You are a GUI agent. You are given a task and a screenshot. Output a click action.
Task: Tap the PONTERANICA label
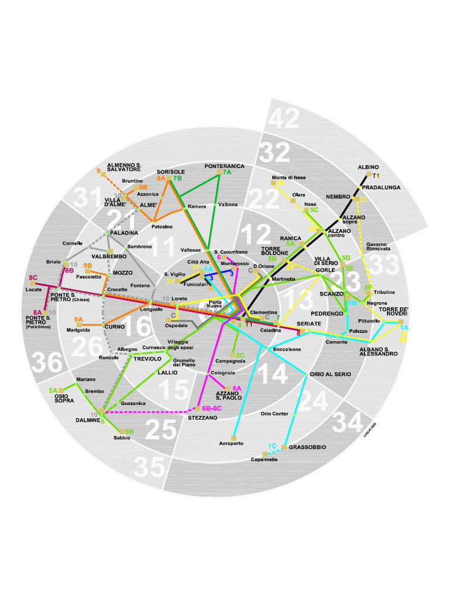pyautogui.click(x=224, y=166)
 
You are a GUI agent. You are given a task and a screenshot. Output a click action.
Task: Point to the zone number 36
pyautogui.click(x=47, y=363)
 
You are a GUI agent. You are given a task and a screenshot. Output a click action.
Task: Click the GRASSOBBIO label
pyautogui.click(x=307, y=447)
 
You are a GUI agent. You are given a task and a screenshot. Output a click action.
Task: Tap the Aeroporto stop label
pyautogui.click(x=231, y=444)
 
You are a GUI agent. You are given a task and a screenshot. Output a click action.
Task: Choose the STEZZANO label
pyautogui.click(x=203, y=418)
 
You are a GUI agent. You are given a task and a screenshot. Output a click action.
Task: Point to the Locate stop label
pyautogui.click(x=34, y=289)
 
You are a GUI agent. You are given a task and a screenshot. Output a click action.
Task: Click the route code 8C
pyautogui.click(x=33, y=278)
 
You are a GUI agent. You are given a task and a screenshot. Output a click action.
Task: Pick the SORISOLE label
pyautogui.click(x=171, y=172)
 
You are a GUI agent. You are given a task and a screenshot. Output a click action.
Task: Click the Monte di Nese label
pyautogui.click(x=288, y=177)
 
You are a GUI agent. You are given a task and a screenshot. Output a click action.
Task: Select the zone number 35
pyautogui.click(x=149, y=468)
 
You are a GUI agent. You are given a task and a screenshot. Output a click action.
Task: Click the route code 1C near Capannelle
pyautogui.click(x=272, y=446)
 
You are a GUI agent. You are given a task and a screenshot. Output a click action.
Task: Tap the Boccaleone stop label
pyautogui.click(x=287, y=349)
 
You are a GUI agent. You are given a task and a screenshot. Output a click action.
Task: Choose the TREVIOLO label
pyautogui.click(x=147, y=359)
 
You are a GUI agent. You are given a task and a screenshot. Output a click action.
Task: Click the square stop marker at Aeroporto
pyautogui.click(x=233, y=437)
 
